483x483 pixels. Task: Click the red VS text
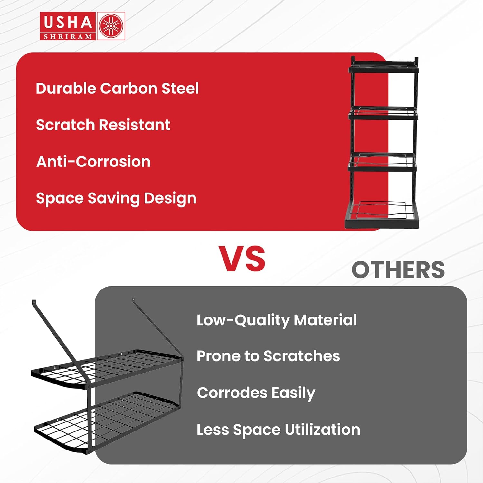[242, 259]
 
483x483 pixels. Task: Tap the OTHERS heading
[398, 270]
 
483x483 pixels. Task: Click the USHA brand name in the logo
[68, 23]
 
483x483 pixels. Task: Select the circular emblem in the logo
[111, 26]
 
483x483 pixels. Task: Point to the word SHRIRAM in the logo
[68, 36]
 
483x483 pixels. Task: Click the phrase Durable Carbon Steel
[117, 88]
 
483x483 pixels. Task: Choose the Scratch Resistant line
[103, 125]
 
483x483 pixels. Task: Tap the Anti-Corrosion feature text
[93, 161]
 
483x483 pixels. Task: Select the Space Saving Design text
[116, 199]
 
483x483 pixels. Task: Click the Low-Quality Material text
[277, 320]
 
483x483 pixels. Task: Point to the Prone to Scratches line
[268, 356]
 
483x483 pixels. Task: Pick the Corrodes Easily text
[256, 393]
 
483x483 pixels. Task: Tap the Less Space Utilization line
[279, 430]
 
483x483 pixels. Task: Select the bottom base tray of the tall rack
[382, 215]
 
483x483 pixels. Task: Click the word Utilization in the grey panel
[322, 430]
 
